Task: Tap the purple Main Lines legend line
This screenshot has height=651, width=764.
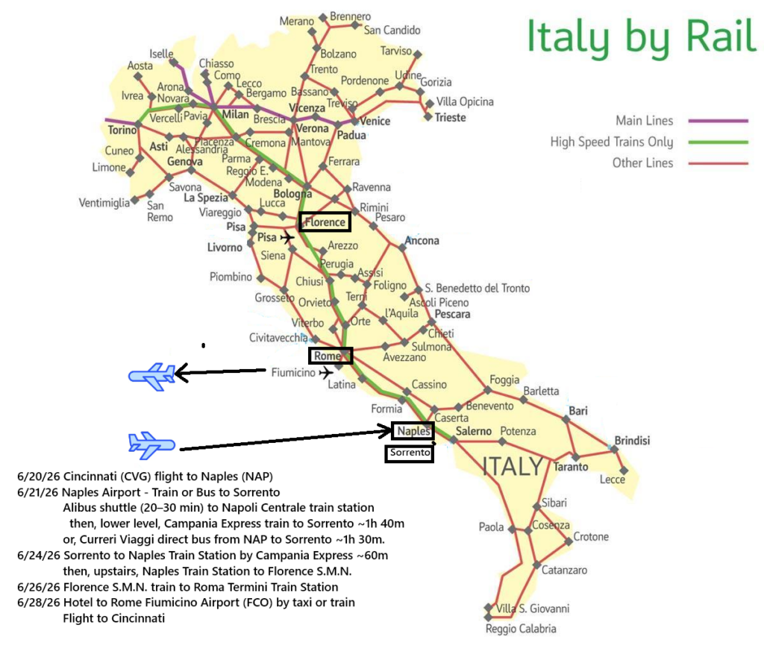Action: [x=717, y=120]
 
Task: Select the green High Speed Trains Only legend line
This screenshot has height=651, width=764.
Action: [x=717, y=142]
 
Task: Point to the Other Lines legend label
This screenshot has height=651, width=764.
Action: [x=642, y=163]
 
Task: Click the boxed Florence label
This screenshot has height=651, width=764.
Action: [x=325, y=221]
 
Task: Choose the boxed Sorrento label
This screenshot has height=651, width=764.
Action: [x=409, y=453]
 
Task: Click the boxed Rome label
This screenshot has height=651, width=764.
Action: [x=330, y=356]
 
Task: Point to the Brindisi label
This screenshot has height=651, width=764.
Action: [x=632, y=441]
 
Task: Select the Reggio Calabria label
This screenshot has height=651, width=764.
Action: [x=521, y=629]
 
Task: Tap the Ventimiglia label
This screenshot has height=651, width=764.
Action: [x=104, y=202]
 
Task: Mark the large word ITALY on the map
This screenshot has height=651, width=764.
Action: [x=512, y=467]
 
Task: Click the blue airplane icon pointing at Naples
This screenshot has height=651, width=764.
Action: [x=152, y=445]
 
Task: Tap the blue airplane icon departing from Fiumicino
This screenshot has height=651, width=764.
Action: [x=152, y=377]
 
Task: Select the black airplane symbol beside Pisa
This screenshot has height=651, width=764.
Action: [x=287, y=238]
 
